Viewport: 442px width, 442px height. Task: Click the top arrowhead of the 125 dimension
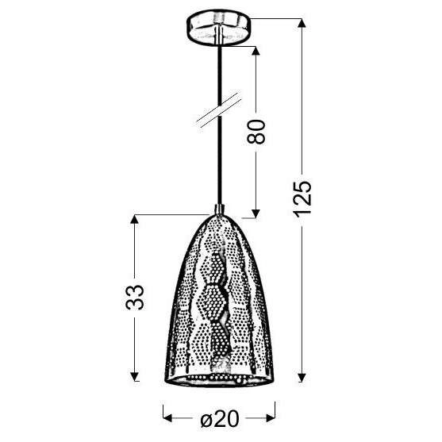(x=302, y=21)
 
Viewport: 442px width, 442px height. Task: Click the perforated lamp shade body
(x=219, y=302)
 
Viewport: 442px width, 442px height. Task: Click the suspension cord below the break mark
(x=219, y=167)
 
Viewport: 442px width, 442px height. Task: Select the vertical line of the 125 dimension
(x=302, y=119)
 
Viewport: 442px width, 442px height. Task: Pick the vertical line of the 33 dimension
(x=136, y=254)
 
